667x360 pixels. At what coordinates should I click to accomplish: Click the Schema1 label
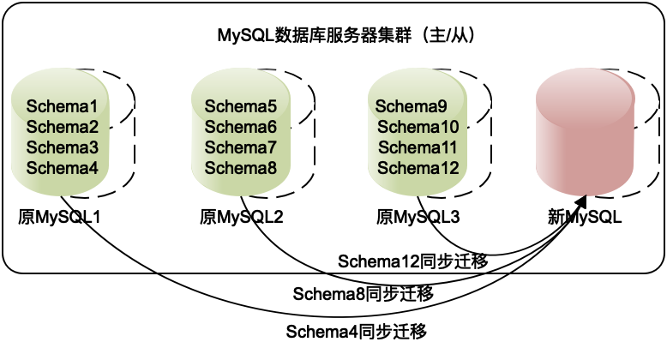[x=62, y=107]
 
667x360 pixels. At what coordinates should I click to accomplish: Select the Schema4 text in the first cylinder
[x=62, y=168]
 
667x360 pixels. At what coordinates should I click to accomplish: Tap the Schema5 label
[x=241, y=107]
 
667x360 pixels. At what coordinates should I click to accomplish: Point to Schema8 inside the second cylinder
[x=241, y=168]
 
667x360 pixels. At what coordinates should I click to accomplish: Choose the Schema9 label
[x=412, y=107]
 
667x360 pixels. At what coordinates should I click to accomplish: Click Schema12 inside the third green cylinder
[x=418, y=168]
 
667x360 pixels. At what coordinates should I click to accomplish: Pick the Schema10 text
[x=418, y=128]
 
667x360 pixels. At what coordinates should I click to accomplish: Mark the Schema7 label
[x=241, y=147]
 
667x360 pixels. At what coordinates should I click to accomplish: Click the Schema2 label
[x=62, y=128]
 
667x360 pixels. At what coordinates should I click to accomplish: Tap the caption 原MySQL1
[x=60, y=217]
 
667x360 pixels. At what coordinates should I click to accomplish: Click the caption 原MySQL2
[x=241, y=217]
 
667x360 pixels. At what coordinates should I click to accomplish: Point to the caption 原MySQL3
[x=418, y=217]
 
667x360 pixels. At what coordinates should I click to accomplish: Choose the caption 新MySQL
[x=585, y=217]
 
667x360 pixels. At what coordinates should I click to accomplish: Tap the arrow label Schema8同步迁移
[x=363, y=294]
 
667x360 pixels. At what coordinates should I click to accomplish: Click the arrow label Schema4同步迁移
[x=356, y=331]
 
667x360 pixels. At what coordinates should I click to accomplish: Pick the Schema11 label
[x=418, y=147]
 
